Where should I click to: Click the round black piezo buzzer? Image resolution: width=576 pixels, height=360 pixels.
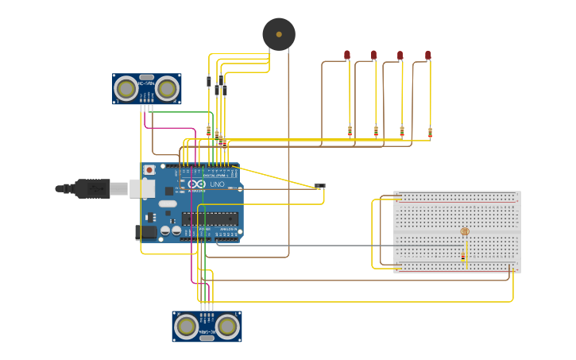click(279, 34)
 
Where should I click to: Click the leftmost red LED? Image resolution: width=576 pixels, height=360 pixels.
click(347, 55)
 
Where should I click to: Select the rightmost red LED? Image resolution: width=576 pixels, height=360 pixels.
click(428, 55)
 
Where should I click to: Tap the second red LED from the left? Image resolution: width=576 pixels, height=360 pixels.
click(373, 55)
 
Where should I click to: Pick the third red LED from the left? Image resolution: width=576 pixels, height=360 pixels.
click(400, 55)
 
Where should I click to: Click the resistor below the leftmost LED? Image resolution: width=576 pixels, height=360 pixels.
click(350, 130)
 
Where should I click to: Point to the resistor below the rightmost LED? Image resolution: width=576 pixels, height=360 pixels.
click(430, 132)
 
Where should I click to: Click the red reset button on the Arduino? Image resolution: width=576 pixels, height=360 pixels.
click(149, 169)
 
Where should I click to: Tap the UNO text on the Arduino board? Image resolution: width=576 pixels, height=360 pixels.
click(217, 184)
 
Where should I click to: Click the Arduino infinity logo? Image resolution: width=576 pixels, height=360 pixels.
click(196, 184)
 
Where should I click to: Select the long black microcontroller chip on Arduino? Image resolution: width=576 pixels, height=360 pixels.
click(210, 218)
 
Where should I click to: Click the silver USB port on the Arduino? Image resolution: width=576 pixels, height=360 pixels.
click(142, 188)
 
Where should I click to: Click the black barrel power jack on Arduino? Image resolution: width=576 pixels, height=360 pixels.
click(145, 232)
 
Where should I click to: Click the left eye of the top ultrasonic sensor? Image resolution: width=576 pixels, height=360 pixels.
click(126, 89)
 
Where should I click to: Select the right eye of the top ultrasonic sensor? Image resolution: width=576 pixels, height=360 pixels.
click(167, 89)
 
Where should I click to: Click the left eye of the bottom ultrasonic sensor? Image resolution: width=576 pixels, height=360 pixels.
click(187, 326)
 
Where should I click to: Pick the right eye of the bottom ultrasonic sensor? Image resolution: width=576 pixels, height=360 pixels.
click(228, 326)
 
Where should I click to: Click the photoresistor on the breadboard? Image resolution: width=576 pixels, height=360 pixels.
click(465, 231)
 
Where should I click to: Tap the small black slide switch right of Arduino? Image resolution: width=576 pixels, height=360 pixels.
click(319, 186)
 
